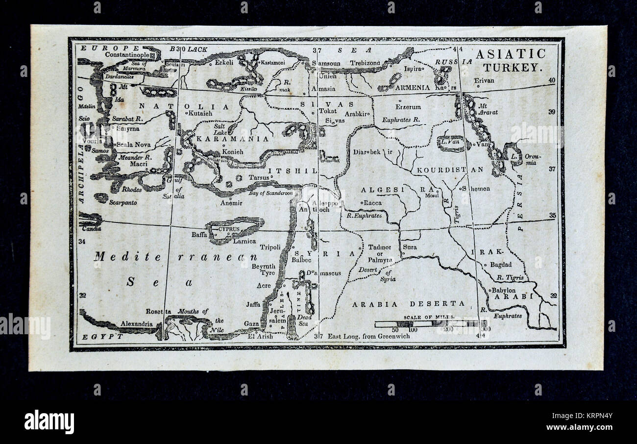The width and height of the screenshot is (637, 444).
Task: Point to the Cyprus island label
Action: (229, 229)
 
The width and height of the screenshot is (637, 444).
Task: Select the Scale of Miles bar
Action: (430, 323)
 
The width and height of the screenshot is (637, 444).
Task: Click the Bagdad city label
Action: (501, 265)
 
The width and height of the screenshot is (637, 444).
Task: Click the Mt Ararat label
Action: (488, 108)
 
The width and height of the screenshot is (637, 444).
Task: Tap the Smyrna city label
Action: (126, 129)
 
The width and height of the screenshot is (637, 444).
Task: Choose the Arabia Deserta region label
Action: (408, 304)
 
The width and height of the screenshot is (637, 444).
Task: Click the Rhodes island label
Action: (132, 190)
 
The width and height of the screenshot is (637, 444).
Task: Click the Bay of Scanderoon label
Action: (270, 193)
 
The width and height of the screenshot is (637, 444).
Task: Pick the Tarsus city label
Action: (259, 177)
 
